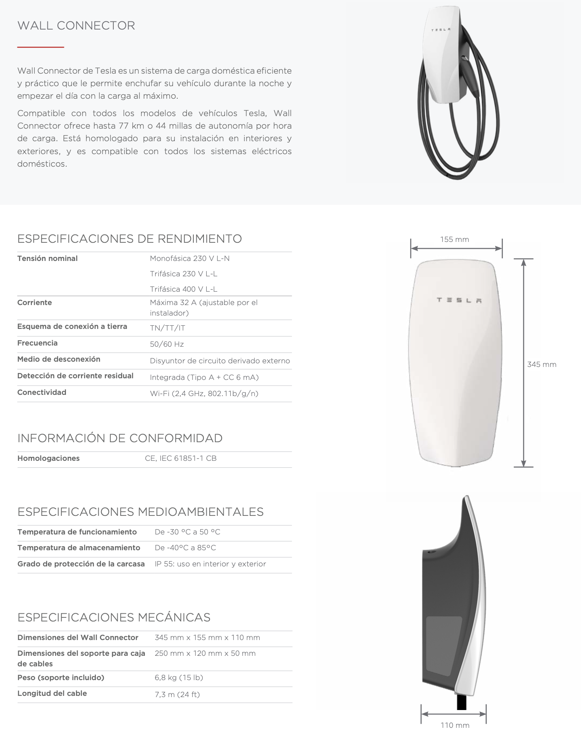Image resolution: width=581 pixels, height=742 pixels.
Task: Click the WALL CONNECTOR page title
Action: coord(76,25)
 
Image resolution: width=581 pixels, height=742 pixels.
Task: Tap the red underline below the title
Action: coord(40,47)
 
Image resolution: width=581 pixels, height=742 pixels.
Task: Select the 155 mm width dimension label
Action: coord(454,239)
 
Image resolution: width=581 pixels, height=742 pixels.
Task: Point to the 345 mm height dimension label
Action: coord(541,364)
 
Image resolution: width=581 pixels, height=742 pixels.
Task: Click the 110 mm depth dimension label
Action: coord(455,725)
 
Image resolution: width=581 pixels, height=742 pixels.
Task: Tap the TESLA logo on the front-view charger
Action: coord(459,300)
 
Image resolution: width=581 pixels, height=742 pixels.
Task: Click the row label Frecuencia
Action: coord(37,343)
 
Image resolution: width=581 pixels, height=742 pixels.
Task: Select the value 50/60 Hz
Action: coord(167,344)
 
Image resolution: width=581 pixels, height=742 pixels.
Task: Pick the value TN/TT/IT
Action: coord(168,328)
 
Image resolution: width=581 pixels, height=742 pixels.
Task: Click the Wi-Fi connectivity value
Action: coord(204,393)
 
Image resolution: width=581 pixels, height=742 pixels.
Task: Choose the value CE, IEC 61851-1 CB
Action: coord(180,458)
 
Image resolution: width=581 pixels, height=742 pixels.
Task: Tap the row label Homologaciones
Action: coord(49,458)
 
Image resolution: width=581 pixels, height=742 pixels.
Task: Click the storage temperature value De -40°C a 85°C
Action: coord(185,548)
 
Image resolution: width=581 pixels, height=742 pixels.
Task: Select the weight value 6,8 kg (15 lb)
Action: coord(179,677)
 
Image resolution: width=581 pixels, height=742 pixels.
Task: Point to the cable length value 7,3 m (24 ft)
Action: coord(177,694)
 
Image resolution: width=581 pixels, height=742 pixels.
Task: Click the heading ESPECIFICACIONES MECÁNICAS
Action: coord(114,617)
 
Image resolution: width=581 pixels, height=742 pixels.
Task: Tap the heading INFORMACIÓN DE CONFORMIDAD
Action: coord(120,438)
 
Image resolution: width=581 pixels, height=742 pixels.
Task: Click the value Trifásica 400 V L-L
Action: coord(184,289)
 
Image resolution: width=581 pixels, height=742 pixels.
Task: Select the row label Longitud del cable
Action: coord(52,693)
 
